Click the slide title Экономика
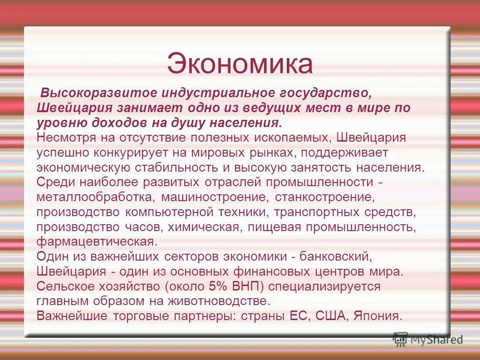(240, 64)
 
